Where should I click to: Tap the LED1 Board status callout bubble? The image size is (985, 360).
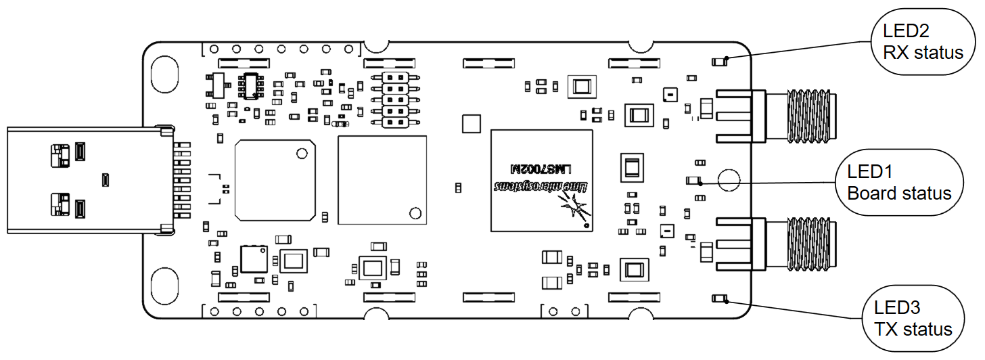(900, 183)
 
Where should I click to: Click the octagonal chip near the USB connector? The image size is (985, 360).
(275, 180)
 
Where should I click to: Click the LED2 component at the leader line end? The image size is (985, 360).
(719, 62)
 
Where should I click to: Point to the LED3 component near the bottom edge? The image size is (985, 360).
(719, 298)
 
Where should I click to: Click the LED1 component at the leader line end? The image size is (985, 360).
(693, 181)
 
